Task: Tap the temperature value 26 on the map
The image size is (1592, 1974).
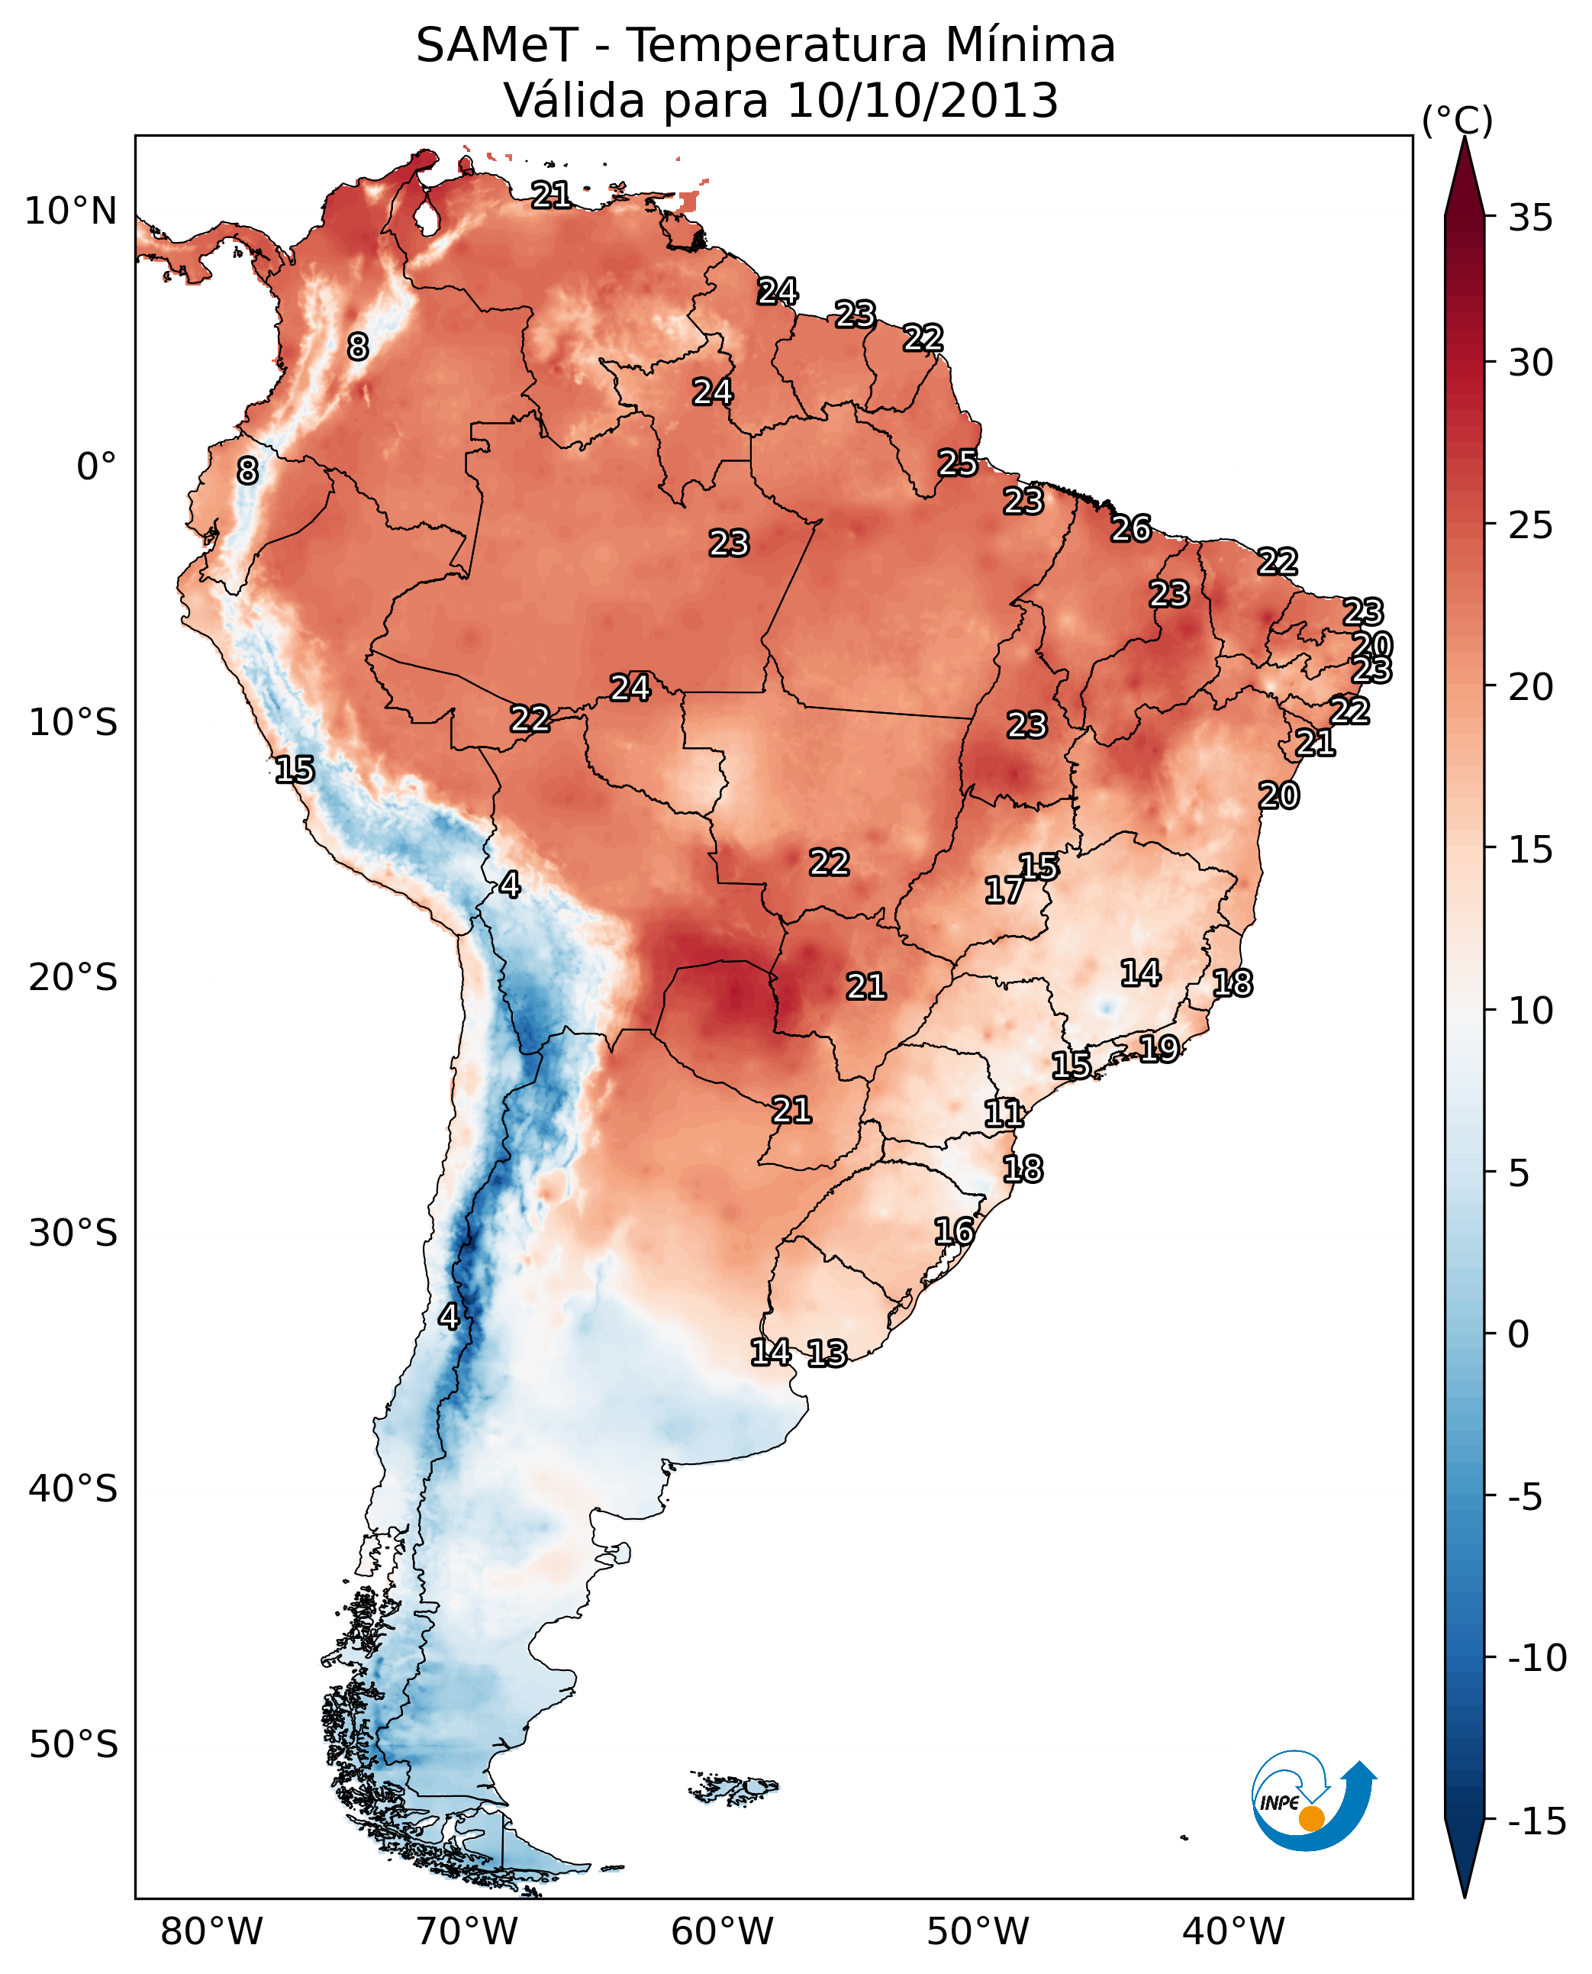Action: (1131, 529)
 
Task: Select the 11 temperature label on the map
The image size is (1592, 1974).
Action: (1004, 1114)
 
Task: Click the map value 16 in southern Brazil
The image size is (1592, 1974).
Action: (954, 1231)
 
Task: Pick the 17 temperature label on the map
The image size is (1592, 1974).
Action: (1004, 890)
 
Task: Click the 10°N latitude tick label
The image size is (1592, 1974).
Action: (71, 212)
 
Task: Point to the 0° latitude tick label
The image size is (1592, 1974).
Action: (96, 467)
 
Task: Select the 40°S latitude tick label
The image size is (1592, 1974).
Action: (73, 1488)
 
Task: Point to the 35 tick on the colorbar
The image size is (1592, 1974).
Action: (1530, 218)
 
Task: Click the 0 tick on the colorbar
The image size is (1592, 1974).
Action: (1519, 1334)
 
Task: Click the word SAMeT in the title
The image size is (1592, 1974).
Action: (496, 46)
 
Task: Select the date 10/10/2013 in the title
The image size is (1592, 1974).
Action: (923, 101)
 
